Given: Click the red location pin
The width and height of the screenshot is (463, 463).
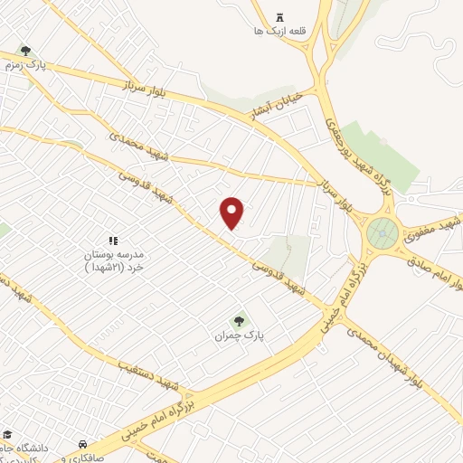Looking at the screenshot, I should [232, 212].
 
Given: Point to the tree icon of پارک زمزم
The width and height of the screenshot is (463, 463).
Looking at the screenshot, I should [24, 51].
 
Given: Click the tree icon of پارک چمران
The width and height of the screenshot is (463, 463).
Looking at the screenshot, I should [240, 319].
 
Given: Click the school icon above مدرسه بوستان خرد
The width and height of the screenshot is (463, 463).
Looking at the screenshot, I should [113, 241].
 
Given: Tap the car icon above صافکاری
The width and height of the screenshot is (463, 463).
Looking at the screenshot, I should [83, 444].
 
